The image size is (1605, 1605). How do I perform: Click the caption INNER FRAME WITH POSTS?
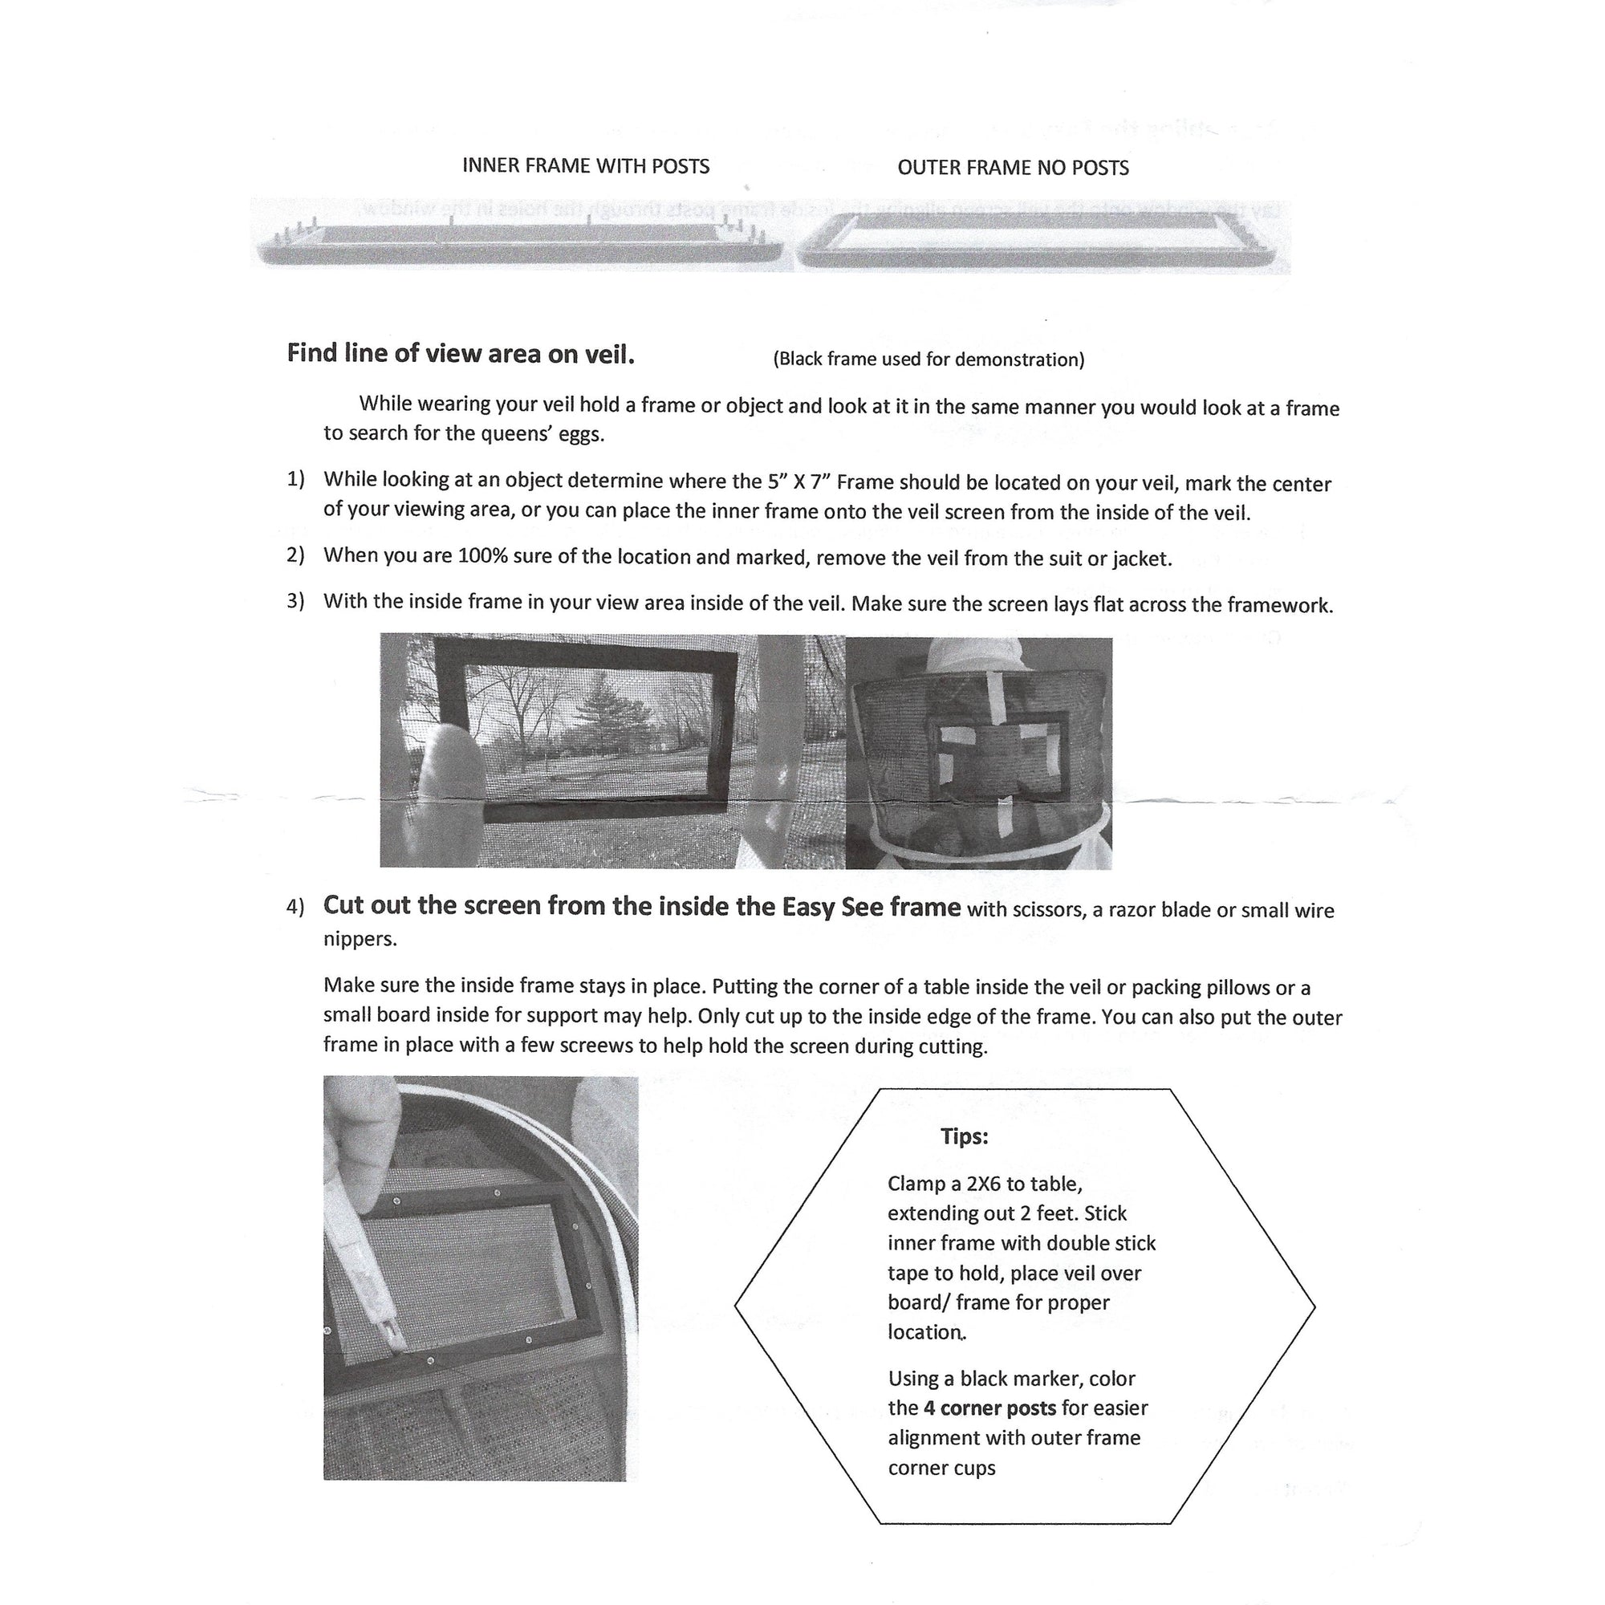(586, 166)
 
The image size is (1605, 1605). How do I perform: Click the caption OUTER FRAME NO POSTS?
(1013, 168)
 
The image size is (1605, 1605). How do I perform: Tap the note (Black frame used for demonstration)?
(928, 359)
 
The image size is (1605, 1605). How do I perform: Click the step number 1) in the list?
(296, 479)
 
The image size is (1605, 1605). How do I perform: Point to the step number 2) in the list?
(296, 555)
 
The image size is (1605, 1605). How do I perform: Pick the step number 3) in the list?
(296, 600)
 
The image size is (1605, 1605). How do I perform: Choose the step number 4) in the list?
(296, 906)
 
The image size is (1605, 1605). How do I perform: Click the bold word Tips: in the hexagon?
(964, 1136)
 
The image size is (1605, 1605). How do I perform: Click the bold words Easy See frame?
(872, 906)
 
